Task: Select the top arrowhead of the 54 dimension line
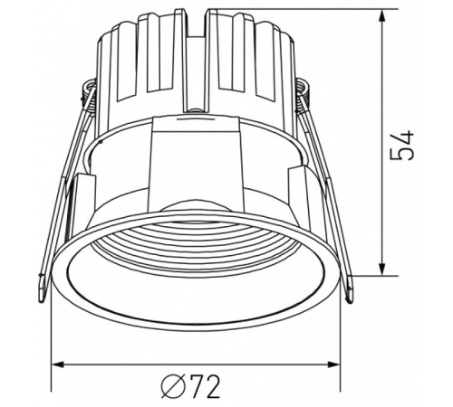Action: pyautogui.click(x=387, y=15)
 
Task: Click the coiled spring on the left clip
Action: pyautogui.click(x=88, y=90)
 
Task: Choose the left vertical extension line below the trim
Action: pyautogui.click(x=53, y=335)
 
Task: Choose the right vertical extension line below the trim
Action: pyautogui.click(x=347, y=335)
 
